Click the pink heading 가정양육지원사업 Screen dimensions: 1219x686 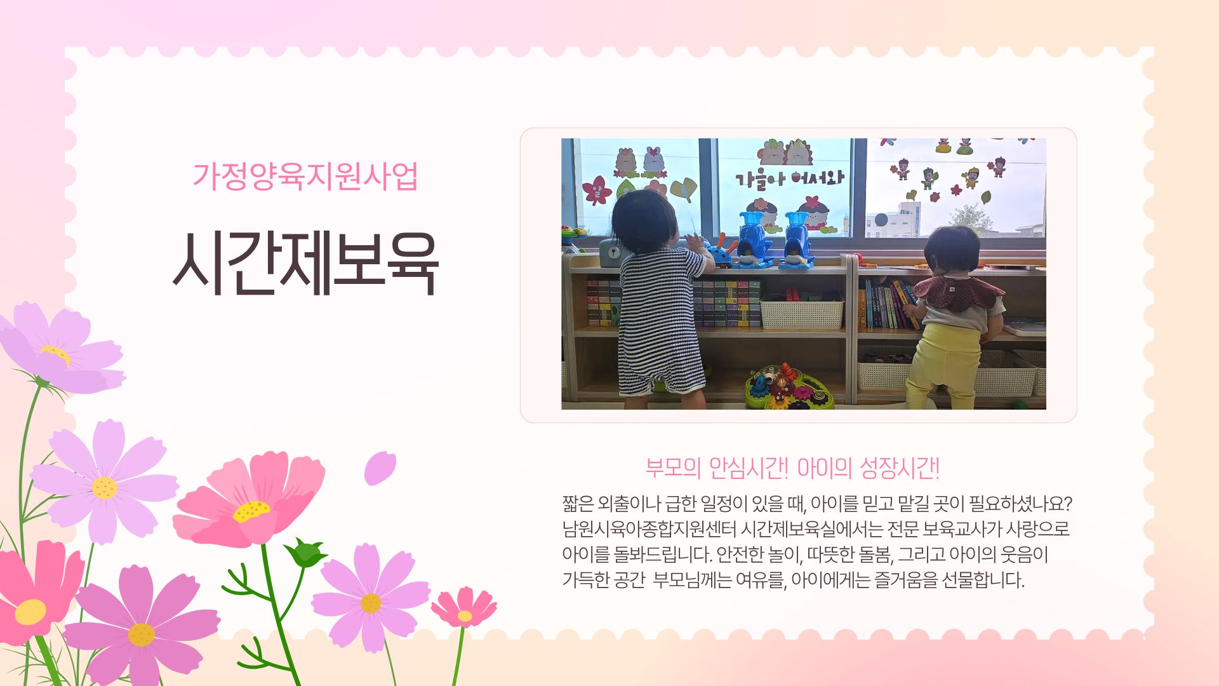305,176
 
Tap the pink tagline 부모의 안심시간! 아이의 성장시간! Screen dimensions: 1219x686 792,469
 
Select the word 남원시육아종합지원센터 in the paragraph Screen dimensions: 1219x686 649,528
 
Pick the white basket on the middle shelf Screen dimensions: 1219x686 801,312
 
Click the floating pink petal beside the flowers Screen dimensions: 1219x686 380,468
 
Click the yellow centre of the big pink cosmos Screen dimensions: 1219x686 251,511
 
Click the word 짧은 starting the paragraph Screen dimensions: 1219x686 577,504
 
